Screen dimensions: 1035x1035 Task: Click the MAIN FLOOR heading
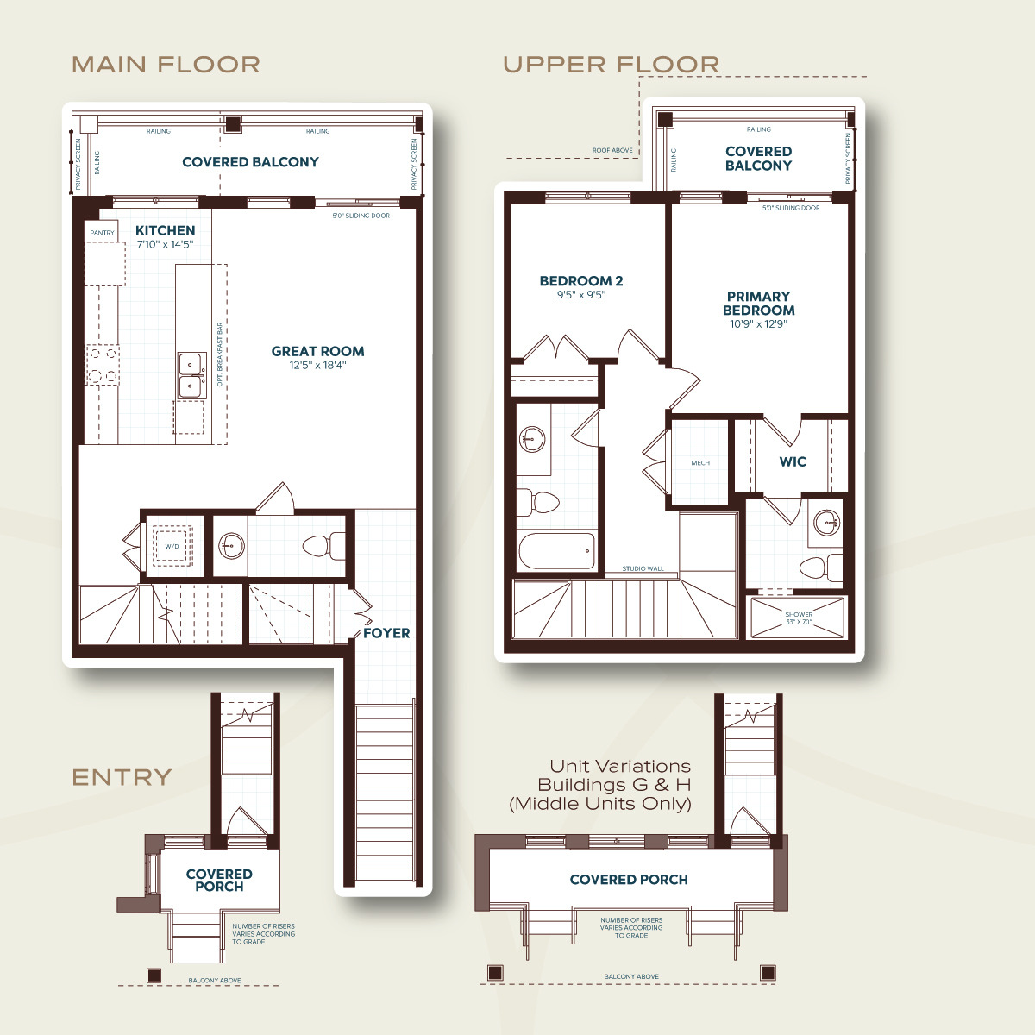pyautogui.click(x=166, y=65)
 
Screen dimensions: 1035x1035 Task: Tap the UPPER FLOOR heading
pyautogui.click(x=612, y=65)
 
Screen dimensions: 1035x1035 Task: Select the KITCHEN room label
pyautogui.click(x=166, y=230)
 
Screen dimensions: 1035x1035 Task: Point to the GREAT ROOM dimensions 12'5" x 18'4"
pyautogui.click(x=318, y=365)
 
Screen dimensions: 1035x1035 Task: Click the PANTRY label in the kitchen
pyautogui.click(x=102, y=233)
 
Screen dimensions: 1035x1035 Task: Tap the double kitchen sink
pyautogui.click(x=192, y=375)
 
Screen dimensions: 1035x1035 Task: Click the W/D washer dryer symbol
pyautogui.click(x=172, y=546)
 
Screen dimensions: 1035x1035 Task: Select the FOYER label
pyautogui.click(x=386, y=633)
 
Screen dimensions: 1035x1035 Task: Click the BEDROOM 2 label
pyautogui.click(x=581, y=281)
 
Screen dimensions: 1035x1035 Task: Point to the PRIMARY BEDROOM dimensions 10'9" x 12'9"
pyautogui.click(x=758, y=324)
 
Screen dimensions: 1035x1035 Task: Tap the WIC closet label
pyautogui.click(x=793, y=461)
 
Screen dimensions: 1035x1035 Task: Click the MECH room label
pyautogui.click(x=700, y=462)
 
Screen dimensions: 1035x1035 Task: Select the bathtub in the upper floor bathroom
pyautogui.click(x=557, y=550)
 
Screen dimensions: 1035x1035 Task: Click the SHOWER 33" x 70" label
pyautogui.click(x=799, y=618)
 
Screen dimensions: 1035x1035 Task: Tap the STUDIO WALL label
pyautogui.click(x=643, y=568)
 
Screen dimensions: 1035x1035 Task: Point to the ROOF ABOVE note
pyautogui.click(x=612, y=150)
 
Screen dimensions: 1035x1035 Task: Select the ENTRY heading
pyautogui.click(x=122, y=777)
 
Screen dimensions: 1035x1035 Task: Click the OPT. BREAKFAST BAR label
pyautogui.click(x=219, y=354)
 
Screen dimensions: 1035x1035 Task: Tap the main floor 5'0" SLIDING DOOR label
pyautogui.click(x=361, y=216)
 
